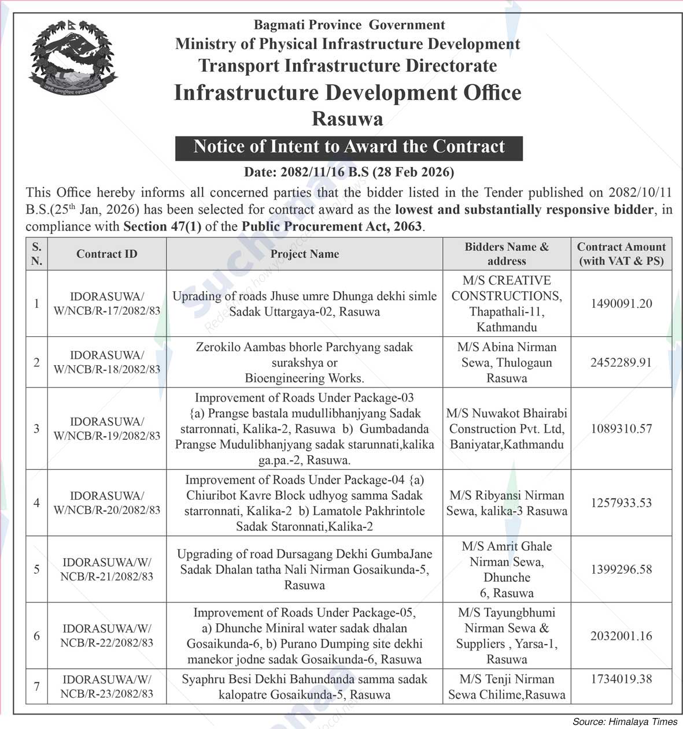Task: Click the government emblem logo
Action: tap(73, 59)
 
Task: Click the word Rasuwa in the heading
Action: tap(348, 119)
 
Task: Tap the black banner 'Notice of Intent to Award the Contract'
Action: tap(349, 147)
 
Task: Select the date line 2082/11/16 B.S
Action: tap(349, 172)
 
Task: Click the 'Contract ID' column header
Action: tap(107, 254)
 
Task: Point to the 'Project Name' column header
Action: tap(304, 254)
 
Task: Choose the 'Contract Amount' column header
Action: tap(621, 254)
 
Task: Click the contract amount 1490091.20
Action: tap(621, 304)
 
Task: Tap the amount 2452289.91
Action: tap(621, 363)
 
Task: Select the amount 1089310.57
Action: tap(621, 429)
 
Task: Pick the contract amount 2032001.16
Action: tap(621, 636)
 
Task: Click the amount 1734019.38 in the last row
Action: tap(621, 679)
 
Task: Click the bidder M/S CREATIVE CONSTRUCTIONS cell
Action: tap(507, 304)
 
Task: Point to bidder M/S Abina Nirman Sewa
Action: tap(507, 363)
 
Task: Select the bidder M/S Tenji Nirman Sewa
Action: tap(507, 687)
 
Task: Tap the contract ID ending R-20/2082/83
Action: tap(107, 503)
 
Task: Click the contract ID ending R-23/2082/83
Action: tap(107, 687)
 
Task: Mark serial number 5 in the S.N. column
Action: tap(36, 570)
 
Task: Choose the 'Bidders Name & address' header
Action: tap(507, 254)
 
